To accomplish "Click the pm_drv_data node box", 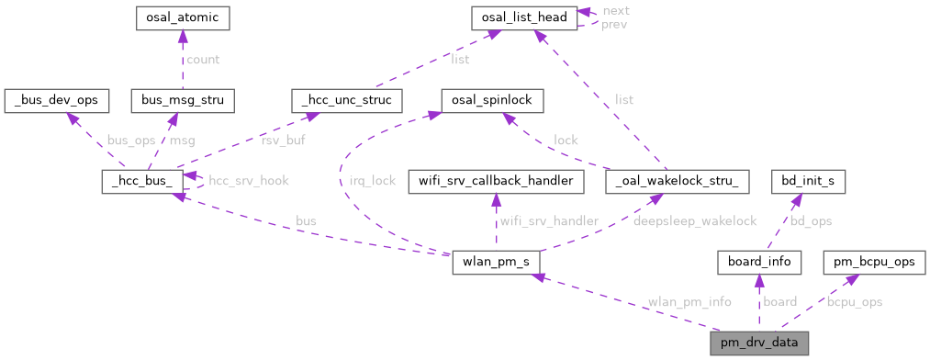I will coord(759,343).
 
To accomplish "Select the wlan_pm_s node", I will coord(496,264).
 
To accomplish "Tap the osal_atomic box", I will coord(182,17).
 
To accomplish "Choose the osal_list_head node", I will coord(524,17).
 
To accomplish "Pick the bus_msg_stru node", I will coord(184,98).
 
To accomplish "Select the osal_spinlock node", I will coord(493,98).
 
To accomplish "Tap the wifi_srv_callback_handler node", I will coord(496,181).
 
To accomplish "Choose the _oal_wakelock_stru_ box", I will coord(678,181).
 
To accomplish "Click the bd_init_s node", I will coord(807,181).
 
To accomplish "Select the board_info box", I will coord(759,264).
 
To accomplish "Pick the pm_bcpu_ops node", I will coord(873,264).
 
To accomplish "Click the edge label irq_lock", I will coord(373,181).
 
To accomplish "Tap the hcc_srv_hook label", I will coord(249,181).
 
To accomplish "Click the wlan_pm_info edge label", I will coord(688,302).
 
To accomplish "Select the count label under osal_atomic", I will coord(203,60).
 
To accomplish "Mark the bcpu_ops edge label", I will coord(854,302).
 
